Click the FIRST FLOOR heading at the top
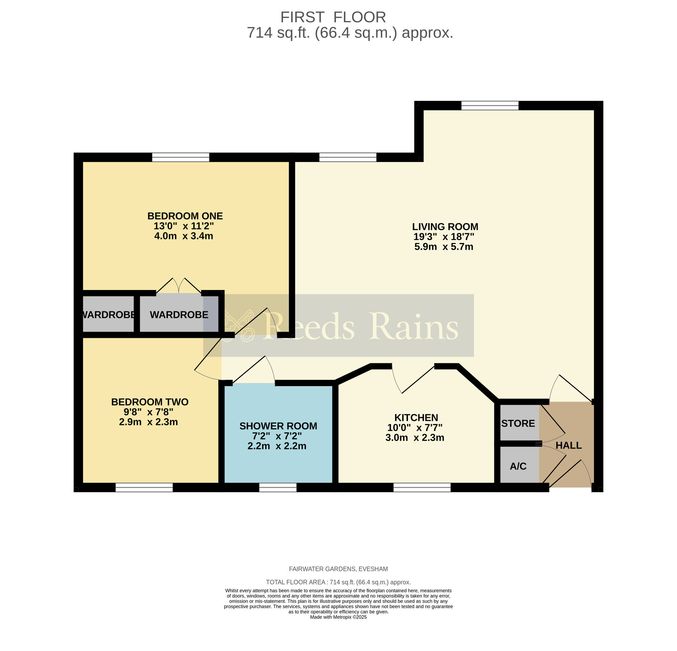tap(333, 17)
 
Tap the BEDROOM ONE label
tap(185, 216)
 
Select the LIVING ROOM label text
tap(445, 227)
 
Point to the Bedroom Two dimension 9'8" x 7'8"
tap(149, 412)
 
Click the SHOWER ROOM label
tap(278, 426)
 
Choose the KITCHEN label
tap(416, 418)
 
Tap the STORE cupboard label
tap(518, 424)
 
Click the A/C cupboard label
tap(518, 466)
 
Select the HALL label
tap(569, 445)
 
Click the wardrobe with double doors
tap(179, 314)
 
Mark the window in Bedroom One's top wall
tap(181, 158)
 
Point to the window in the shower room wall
tap(278, 487)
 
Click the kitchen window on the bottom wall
tap(422, 487)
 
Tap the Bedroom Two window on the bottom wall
tap(144, 487)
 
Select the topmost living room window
tap(490, 106)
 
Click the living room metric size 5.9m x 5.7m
tap(443, 247)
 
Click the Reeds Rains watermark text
tap(361, 326)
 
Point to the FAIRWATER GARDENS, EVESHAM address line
tap(338, 569)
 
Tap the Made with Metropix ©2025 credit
tap(338, 617)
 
